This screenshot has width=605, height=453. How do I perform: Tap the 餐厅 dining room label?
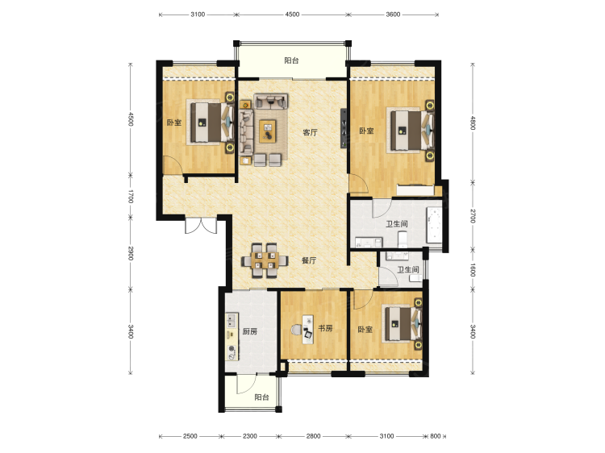(308, 260)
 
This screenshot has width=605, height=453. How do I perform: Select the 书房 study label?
(324, 329)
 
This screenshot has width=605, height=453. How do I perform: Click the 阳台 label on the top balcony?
(292, 60)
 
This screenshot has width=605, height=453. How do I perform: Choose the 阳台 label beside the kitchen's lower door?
(261, 397)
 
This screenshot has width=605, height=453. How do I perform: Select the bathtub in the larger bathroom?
(436, 225)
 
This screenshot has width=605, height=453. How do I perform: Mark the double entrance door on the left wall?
(199, 226)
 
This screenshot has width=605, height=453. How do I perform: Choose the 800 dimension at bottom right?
(436, 436)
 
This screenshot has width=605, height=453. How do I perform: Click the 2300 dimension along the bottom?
(249, 436)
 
